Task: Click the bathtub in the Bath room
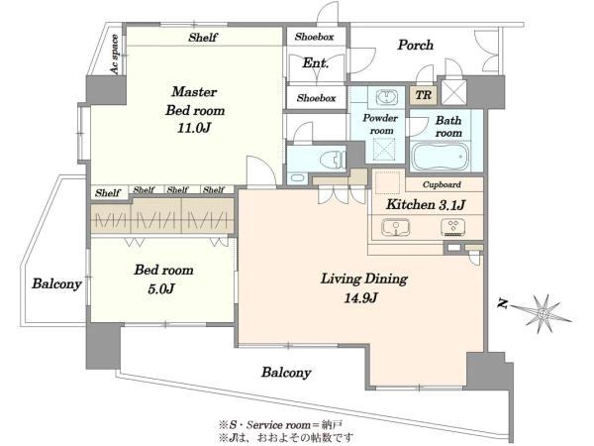coord(441,157)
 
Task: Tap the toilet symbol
coord(333,160)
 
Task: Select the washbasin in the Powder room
coord(386,97)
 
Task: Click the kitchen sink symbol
coord(395,227)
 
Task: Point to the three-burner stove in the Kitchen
coord(452,227)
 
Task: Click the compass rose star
coord(543,313)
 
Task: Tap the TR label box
coord(423,95)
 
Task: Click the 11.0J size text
coord(194,128)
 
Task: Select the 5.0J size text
coord(161,289)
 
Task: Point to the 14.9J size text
coord(360,298)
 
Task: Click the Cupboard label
coord(442,184)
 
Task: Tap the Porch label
coord(415,46)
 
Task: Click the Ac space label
coord(115,55)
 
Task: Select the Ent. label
coord(315,63)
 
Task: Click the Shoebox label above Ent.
coord(315,37)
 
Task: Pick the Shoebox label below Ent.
coord(317,98)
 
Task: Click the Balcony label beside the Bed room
coord(56,283)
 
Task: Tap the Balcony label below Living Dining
coord(286,373)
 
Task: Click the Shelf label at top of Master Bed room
coord(203,38)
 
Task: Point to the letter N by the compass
coord(503,304)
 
